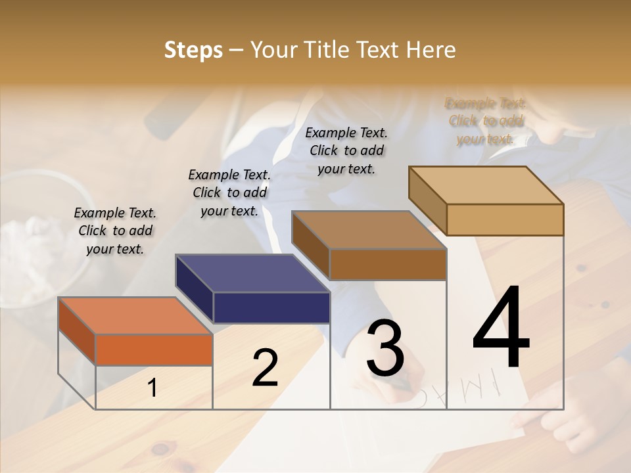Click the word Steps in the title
(x=193, y=50)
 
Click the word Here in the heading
(x=431, y=50)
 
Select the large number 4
(x=502, y=328)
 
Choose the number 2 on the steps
(x=265, y=368)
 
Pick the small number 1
(x=152, y=388)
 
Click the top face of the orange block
(x=135, y=315)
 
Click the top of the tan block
(x=486, y=185)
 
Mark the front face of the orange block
(x=154, y=349)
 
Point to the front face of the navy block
(x=271, y=307)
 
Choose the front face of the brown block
(x=388, y=264)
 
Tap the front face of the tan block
(x=505, y=219)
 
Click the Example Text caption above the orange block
(x=115, y=231)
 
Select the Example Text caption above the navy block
(x=229, y=192)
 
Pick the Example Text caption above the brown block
(x=346, y=150)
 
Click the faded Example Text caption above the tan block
(x=486, y=121)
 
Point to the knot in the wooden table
(x=160, y=449)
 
